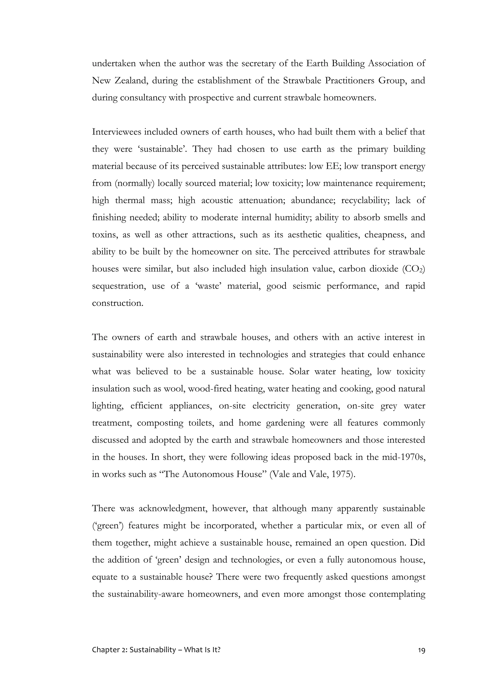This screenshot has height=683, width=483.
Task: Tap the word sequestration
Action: (118, 286)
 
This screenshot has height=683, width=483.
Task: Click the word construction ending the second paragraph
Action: (117, 303)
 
